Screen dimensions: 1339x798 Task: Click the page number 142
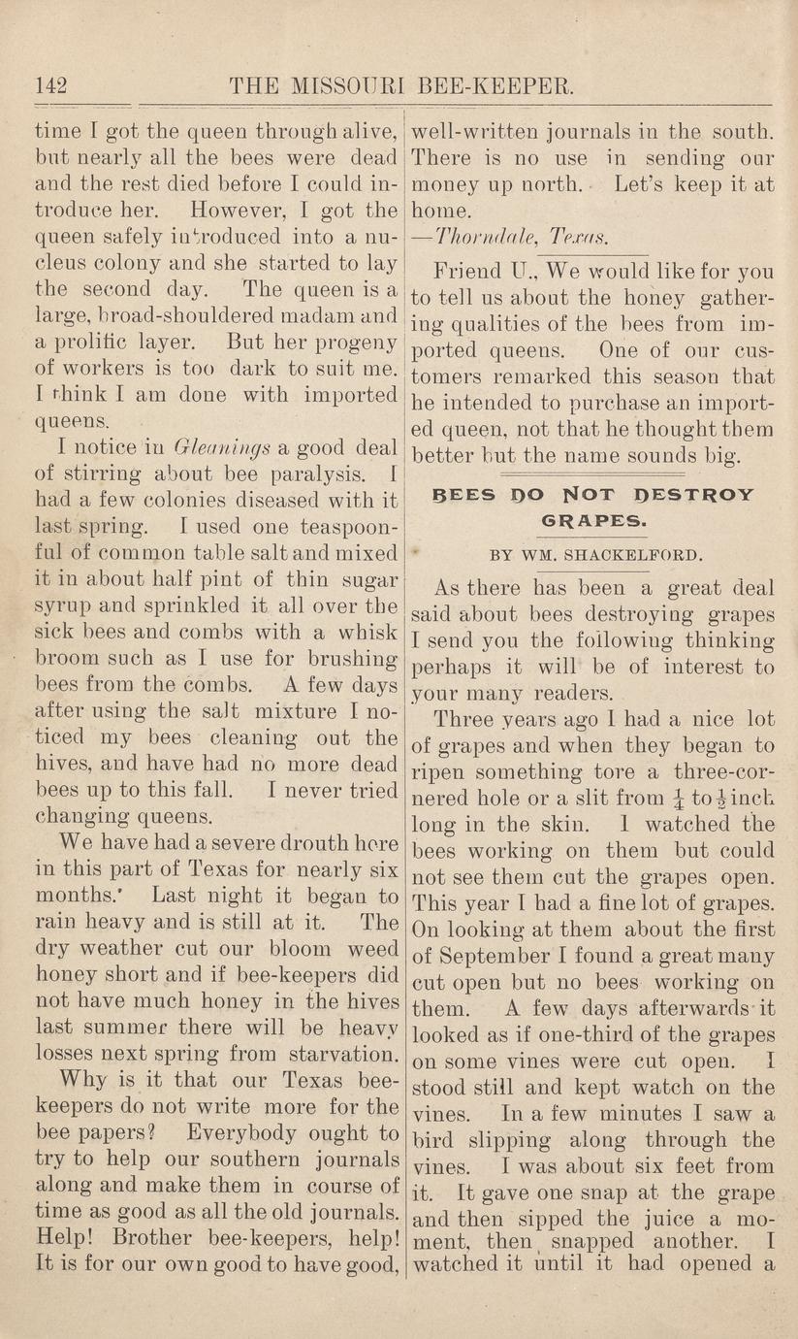(50, 87)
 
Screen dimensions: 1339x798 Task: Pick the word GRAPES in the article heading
(592, 521)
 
